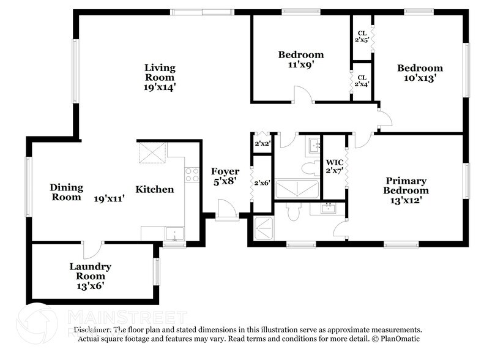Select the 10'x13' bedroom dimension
click(x=419, y=78)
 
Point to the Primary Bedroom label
click(x=406, y=186)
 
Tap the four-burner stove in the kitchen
click(x=192, y=174)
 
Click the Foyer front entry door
click(x=227, y=211)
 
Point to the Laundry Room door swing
click(x=91, y=250)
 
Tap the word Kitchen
click(x=154, y=190)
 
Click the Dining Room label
click(x=66, y=192)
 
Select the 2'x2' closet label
click(x=262, y=144)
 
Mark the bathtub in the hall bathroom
click(x=297, y=189)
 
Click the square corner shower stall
click(x=262, y=230)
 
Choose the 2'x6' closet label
click(x=262, y=182)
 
